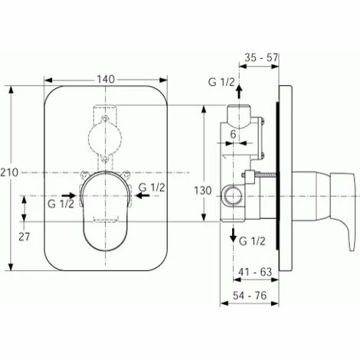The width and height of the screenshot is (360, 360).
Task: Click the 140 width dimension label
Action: click(106, 80)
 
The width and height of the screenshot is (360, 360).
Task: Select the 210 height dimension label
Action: click(9, 173)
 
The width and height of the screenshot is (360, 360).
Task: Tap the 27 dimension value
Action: click(24, 237)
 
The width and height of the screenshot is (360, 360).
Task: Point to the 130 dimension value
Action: click(203, 191)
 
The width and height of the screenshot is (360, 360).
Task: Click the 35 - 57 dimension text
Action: click(261, 57)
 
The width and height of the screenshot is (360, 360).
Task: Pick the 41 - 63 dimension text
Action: click(255, 272)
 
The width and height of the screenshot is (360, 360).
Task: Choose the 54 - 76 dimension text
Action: click(250, 296)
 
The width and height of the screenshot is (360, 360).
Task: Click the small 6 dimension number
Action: click(233, 135)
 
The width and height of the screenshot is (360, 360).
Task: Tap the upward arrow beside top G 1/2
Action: click(239, 92)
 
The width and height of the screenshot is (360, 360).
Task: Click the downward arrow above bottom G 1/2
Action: click(233, 235)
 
